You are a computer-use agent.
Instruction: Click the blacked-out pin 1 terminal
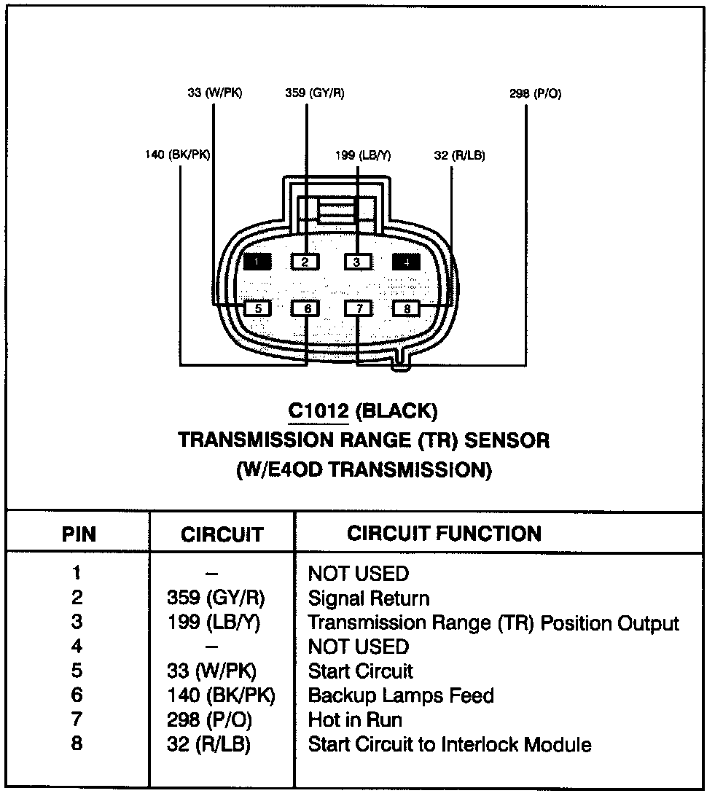click(x=257, y=262)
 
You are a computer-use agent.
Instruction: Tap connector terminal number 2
click(x=306, y=262)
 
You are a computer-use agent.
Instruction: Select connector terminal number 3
click(x=357, y=262)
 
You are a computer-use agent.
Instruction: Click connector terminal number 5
click(x=257, y=308)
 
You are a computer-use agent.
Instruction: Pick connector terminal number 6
click(x=307, y=308)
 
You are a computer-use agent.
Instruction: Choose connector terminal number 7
click(x=358, y=308)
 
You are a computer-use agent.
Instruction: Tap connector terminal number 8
click(x=407, y=308)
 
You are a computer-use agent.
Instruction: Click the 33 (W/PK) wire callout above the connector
click(x=214, y=93)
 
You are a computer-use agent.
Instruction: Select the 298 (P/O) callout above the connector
click(x=535, y=94)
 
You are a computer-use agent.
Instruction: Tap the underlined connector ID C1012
click(x=318, y=412)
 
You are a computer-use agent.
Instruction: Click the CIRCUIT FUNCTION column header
click(x=444, y=534)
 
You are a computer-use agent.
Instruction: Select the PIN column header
click(x=79, y=534)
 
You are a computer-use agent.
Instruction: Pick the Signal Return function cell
click(x=369, y=598)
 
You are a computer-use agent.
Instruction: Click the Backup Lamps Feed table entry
click(x=401, y=695)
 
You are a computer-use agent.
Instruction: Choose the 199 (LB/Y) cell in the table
click(x=217, y=623)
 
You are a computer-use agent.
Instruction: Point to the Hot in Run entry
click(x=355, y=719)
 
